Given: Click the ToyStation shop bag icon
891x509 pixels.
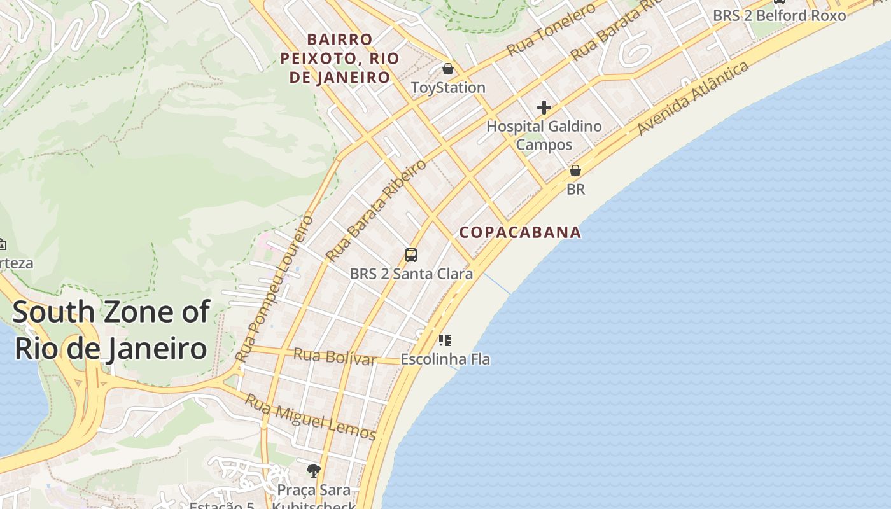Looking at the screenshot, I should (448, 69).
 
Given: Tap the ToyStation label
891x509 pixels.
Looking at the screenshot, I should (448, 88).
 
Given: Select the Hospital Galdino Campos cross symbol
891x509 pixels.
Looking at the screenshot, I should (544, 107).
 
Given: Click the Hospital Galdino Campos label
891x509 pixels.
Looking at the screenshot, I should (544, 136).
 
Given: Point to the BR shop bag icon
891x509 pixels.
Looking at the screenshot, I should (575, 171).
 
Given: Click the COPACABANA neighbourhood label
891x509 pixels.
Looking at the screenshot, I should (520, 232).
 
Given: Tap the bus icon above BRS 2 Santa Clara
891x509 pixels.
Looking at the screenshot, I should (411, 255).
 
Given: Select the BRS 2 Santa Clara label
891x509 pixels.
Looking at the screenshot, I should (411, 274).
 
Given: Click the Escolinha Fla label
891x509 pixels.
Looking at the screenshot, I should (445, 359).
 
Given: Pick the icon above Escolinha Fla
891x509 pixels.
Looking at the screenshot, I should (445, 340).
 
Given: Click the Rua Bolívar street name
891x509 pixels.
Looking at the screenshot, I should (334, 356).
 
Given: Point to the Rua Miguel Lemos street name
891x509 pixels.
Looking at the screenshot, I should (311, 418).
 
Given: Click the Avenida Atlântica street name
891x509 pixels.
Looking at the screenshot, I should (693, 99).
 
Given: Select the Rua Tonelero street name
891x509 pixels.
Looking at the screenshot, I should (551, 29).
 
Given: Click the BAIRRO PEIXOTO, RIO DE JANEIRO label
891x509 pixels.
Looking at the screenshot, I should (340, 59).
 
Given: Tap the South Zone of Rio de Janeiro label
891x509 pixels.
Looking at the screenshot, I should (111, 330).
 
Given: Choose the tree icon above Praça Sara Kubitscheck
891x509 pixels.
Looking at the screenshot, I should (313, 471).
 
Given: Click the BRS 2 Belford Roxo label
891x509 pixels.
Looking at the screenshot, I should (779, 15).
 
